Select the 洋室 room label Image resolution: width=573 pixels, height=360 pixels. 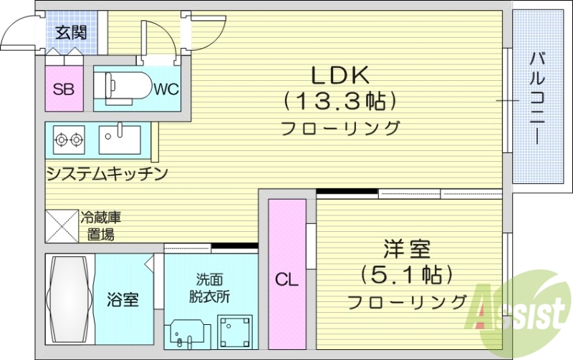[405, 250]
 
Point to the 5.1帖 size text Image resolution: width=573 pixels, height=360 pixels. [406, 275]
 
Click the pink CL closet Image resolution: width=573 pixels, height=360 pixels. [286, 275]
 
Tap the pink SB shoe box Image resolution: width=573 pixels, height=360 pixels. [64, 89]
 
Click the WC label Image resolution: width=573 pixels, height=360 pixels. [165, 89]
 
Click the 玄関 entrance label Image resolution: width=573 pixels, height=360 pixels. [72, 32]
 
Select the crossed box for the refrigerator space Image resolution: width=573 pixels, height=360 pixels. [62, 226]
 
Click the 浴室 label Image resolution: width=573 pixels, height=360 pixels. [123, 299]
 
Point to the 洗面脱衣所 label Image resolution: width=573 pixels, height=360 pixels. [210, 287]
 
